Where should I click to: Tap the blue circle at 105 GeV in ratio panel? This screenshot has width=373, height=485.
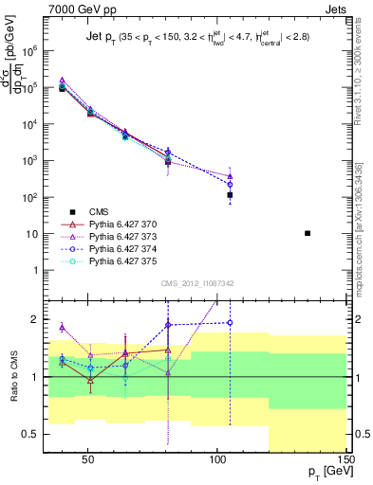[x=230, y=322]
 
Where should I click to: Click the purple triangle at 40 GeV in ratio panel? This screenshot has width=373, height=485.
[x=62, y=327]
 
